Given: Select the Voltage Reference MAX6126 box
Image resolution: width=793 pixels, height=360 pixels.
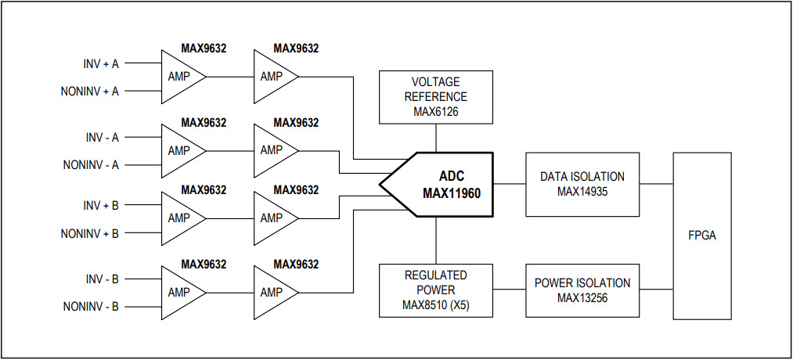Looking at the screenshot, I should (x=436, y=97).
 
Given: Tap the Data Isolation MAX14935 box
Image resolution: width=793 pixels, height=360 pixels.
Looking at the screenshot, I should (x=582, y=184).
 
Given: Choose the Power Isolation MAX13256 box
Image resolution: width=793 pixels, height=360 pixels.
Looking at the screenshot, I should (x=582, y=290).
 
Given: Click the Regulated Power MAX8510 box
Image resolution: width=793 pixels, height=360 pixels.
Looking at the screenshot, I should (x=436, y=290).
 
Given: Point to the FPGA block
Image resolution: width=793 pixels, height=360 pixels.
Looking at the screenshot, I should (x=702, y=236).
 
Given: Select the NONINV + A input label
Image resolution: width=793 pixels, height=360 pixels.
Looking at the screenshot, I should (x=89, y=91).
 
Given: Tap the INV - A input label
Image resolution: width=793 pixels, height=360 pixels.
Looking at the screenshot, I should (x=102, y=138).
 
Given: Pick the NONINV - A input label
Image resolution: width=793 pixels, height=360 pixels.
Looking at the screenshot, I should (x=91, y=165).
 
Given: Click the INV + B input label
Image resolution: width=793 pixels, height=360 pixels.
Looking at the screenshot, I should (x=101, y=205).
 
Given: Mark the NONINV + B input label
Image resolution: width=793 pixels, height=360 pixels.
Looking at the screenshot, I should (x=89, y=233).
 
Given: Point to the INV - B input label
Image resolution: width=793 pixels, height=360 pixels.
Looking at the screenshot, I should (x=102, y=279).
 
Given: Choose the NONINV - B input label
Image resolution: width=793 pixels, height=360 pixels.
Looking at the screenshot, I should (x=91, y=307).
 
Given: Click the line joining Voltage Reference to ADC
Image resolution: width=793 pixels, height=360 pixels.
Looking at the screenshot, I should (x=436, y=138).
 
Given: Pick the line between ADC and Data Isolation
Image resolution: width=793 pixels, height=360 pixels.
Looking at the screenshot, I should (x=509, y=184).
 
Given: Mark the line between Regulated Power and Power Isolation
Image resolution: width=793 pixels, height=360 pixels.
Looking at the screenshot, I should (x=510, y=290).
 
